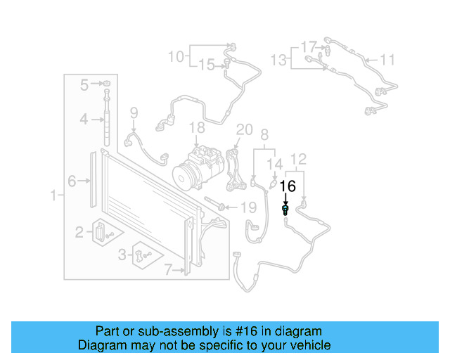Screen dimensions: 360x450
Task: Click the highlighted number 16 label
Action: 288,186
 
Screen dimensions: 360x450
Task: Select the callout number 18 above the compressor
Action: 197,127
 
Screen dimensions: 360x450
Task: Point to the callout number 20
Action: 244,129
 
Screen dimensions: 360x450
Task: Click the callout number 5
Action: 84,85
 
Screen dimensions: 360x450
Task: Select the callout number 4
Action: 84,120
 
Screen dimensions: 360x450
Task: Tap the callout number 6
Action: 72,181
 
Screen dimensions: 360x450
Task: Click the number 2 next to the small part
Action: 80,231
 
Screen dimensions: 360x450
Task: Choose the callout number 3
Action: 122,254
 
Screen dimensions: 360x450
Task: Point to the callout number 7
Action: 168,268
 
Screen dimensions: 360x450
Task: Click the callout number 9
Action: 134,112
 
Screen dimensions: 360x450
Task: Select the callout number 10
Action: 175,55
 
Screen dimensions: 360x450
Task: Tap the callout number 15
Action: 206,65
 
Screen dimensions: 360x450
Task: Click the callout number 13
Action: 279,60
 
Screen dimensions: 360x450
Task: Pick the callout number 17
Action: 309,47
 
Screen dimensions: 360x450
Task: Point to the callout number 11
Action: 388,59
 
